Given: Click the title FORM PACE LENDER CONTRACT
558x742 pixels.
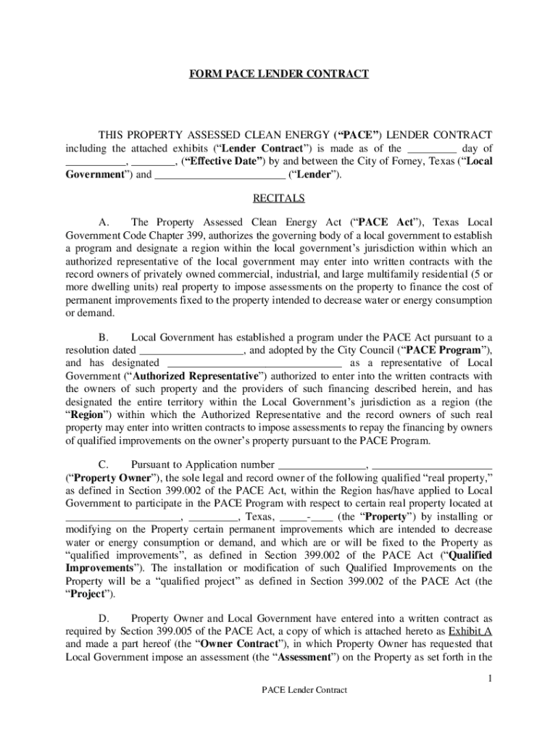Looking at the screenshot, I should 279,74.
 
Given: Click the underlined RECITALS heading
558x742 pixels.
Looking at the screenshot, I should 279,198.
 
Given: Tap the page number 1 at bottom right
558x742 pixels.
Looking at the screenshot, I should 490,678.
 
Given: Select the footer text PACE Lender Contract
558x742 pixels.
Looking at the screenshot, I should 304,690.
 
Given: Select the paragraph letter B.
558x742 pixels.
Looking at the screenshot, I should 103,338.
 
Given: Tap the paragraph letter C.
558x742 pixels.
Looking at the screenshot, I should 103,465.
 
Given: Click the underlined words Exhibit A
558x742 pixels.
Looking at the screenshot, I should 467,631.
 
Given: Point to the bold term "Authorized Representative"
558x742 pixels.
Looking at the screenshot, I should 196,376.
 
